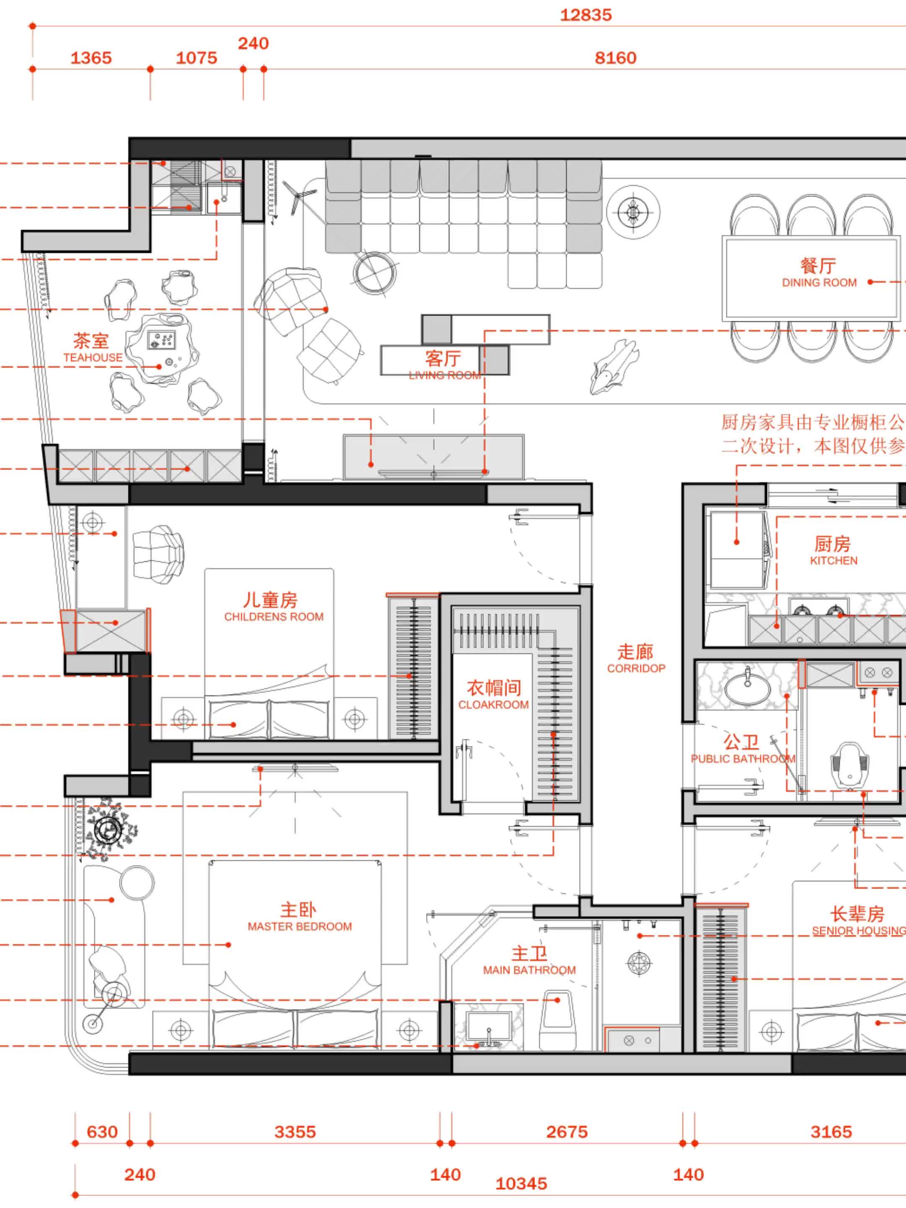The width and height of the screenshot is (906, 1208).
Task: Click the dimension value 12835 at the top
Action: tap(586, 15)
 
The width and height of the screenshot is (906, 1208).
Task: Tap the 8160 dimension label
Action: tap(615, 58)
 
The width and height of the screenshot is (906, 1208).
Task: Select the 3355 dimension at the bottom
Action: tap(295, 1132)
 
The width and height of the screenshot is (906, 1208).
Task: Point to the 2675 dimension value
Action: tap(567, 1132)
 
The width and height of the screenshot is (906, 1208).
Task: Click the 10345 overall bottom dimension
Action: tap(521, 1183)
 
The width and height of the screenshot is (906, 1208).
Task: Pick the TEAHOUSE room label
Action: tap(93, 358)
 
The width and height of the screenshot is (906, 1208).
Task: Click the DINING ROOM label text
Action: tap(819, 282)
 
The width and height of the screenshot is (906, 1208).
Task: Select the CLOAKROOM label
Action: tap(493, 705)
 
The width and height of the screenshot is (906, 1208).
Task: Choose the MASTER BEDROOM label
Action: tap(300, 927)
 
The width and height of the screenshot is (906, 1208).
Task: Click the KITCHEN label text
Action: tap(833, 561)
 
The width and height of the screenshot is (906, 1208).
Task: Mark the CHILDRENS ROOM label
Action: tap(273, 617)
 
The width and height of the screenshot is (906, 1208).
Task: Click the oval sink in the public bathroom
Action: tap(747, 687)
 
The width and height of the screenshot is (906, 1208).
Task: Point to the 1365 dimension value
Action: tap(91, 58)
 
